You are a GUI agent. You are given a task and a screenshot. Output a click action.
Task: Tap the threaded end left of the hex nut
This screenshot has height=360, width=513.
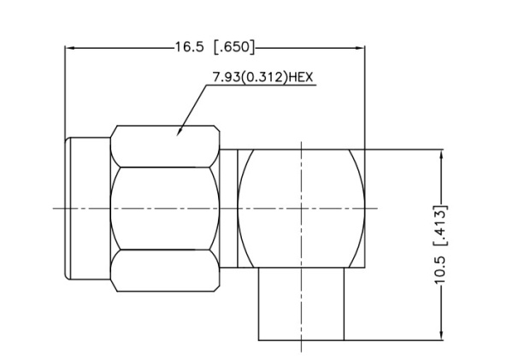88,208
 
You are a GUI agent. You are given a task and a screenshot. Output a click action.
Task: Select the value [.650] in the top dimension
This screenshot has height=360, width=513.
233,47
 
